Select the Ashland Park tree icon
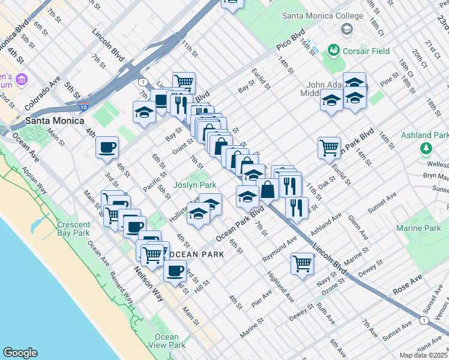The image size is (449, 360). pyautogui.click(x=427, y=148)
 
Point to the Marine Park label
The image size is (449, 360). pyautogui.click(x=418, y=229)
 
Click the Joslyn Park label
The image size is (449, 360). pyautogui.click(x=194, y=185)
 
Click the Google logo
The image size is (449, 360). pyautogui.click(x=20, y=353)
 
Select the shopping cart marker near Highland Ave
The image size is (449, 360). pyautogui.click(x=303, y=262)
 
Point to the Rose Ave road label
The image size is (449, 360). pyautogui.click(x=408, y=284)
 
